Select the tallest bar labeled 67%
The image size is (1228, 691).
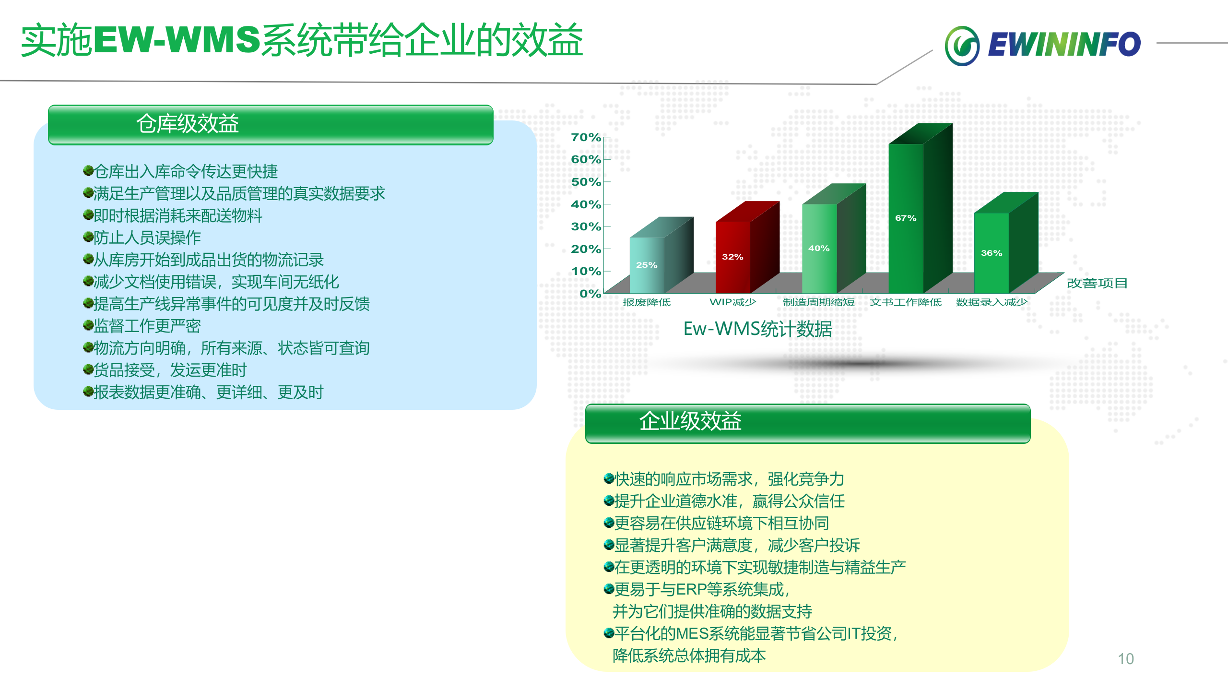[906, 218]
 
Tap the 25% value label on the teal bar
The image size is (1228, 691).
[646, 265]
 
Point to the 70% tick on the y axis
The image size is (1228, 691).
[586, 137]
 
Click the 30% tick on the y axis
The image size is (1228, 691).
[586, 226]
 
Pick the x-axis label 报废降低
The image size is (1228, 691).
[646, 302]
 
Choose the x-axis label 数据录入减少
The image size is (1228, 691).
[991, 302]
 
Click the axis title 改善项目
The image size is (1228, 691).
[1097, 283]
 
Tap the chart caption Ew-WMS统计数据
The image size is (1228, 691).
[757, 329]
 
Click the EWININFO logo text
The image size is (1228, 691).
[1064, 45]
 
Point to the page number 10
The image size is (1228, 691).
[1125, 659]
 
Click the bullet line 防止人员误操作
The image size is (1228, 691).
[147, 238]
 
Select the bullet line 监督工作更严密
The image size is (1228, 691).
[147, 326]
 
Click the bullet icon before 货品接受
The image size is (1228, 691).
[88, 369]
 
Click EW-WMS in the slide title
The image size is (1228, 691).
[177, 40]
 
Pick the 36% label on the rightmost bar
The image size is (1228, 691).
[991, 253]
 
